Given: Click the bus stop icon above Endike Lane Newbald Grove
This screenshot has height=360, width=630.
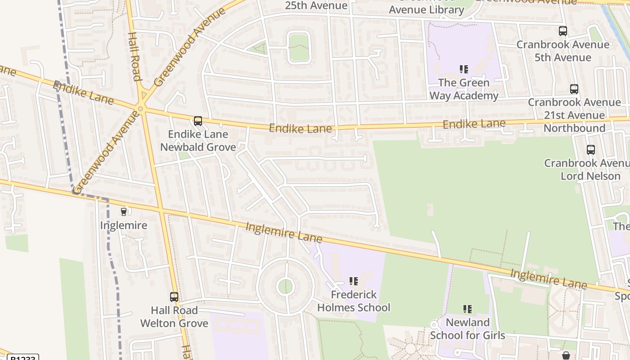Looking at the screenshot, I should click(198, 121).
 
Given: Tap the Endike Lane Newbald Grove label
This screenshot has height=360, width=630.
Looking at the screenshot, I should click(198, 141).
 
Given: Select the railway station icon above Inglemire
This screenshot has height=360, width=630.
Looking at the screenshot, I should click(124, 211).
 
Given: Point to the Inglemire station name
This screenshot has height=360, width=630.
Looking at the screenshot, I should click(124, 225).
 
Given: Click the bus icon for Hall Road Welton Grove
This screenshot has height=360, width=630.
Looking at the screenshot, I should click(174, 297).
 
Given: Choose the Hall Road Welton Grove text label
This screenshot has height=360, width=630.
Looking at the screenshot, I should click(174, 317).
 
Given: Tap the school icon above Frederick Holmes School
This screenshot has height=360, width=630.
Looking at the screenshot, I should click(354, 281).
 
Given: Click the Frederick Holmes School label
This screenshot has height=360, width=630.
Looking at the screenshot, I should click(354, 301).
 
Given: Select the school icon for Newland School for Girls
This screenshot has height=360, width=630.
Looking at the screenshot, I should click(468, 309).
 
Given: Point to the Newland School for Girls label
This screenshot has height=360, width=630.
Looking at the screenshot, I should click(468, 329).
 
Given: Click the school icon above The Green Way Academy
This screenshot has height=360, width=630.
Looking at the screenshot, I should click(464, 69).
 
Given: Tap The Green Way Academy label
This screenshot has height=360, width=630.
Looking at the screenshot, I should click(464, 89).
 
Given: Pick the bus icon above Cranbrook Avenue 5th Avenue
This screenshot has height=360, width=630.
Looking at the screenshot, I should click(563, 31).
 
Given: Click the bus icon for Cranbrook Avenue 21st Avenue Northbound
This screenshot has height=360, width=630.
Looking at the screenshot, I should click(574, 89).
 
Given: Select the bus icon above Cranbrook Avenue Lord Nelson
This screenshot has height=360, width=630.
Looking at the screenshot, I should click(591, 150).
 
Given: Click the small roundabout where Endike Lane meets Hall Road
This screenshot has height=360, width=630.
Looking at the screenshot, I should click(141, 108).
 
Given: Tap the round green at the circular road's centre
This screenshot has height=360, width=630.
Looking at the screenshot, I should click(285, 287).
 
